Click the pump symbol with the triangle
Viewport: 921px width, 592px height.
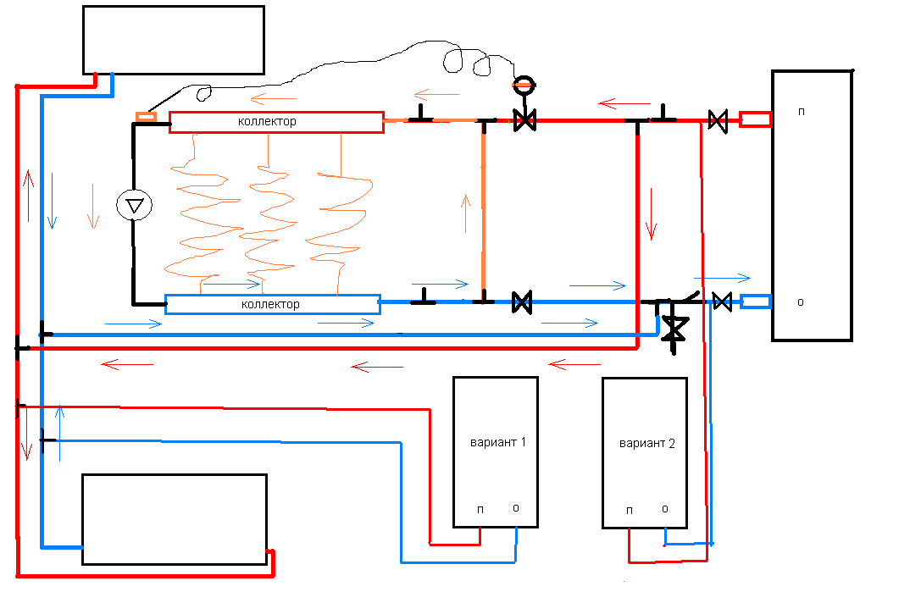pyautogui.click(x=134, y=204)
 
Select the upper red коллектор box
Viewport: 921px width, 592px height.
pyautogui.click(x=276, y=122)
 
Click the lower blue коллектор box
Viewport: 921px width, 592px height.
pyautogui.click(x=272, y=304)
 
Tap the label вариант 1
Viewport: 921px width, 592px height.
pyautogui.click(x=498, y=443)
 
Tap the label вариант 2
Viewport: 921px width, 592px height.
pyautogui.click(x=647, y=444)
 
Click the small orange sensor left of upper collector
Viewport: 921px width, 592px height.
pyautogui.click(x=147, y=116)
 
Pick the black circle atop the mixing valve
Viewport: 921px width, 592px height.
pyautogui.click(x=524, y=84)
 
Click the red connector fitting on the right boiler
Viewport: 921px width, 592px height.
pyautogui.click(x=755, y=119)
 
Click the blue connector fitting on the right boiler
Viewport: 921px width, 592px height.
pyautogui.click(x=756, y=301)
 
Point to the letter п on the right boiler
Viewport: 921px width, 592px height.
pyautogui.click(x=801, y=111)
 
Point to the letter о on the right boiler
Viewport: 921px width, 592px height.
pyautogui.click(x=801, y=302)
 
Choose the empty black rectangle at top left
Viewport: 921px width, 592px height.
pyautogui.click(x=173, y=40)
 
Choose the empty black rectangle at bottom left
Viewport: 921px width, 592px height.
pyautogui.click(x=174, y=518)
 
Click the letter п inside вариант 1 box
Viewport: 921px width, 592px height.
pyautogui.click(x=480, y=508)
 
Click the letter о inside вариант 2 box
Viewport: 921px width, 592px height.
pyautogui.click(x=665, y=508)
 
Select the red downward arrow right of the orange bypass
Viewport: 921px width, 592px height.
pyautogui.click(x=651, y=213)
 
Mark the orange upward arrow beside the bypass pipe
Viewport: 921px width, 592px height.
pyautogui.click(x=464, y=214)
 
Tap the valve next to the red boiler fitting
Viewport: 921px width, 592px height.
pyautogui.click(x=718, y=120)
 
